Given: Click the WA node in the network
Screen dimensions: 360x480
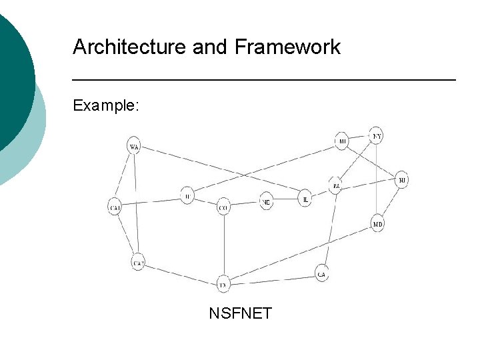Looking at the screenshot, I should point(135,147).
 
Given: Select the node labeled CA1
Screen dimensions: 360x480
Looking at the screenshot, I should point(115,208).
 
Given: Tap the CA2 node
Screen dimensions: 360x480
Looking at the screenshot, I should point(138,263).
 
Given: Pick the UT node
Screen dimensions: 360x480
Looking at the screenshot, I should point(188,196).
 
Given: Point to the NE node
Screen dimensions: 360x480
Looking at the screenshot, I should point(266,201).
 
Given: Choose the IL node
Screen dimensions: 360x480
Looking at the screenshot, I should point(305,199).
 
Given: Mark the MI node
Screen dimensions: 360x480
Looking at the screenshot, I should point(342,141).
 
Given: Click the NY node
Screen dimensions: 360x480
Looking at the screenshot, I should point(377,136).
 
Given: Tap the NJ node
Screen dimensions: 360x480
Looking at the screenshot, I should point(401,180).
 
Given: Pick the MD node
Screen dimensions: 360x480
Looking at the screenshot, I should point(378,225).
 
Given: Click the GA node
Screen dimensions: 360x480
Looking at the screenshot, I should point(322,273).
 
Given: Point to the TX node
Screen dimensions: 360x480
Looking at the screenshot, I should point(223,285).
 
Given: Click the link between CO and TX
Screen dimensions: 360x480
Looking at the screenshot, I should point(223,247).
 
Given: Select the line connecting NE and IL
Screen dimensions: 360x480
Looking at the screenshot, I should point(285,200).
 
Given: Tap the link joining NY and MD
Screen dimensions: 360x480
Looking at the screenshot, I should point(377,180).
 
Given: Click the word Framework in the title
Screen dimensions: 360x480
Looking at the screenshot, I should point(287,47).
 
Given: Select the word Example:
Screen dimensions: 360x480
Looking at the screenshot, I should point(106,105).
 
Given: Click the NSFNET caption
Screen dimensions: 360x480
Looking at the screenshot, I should point(240,313).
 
